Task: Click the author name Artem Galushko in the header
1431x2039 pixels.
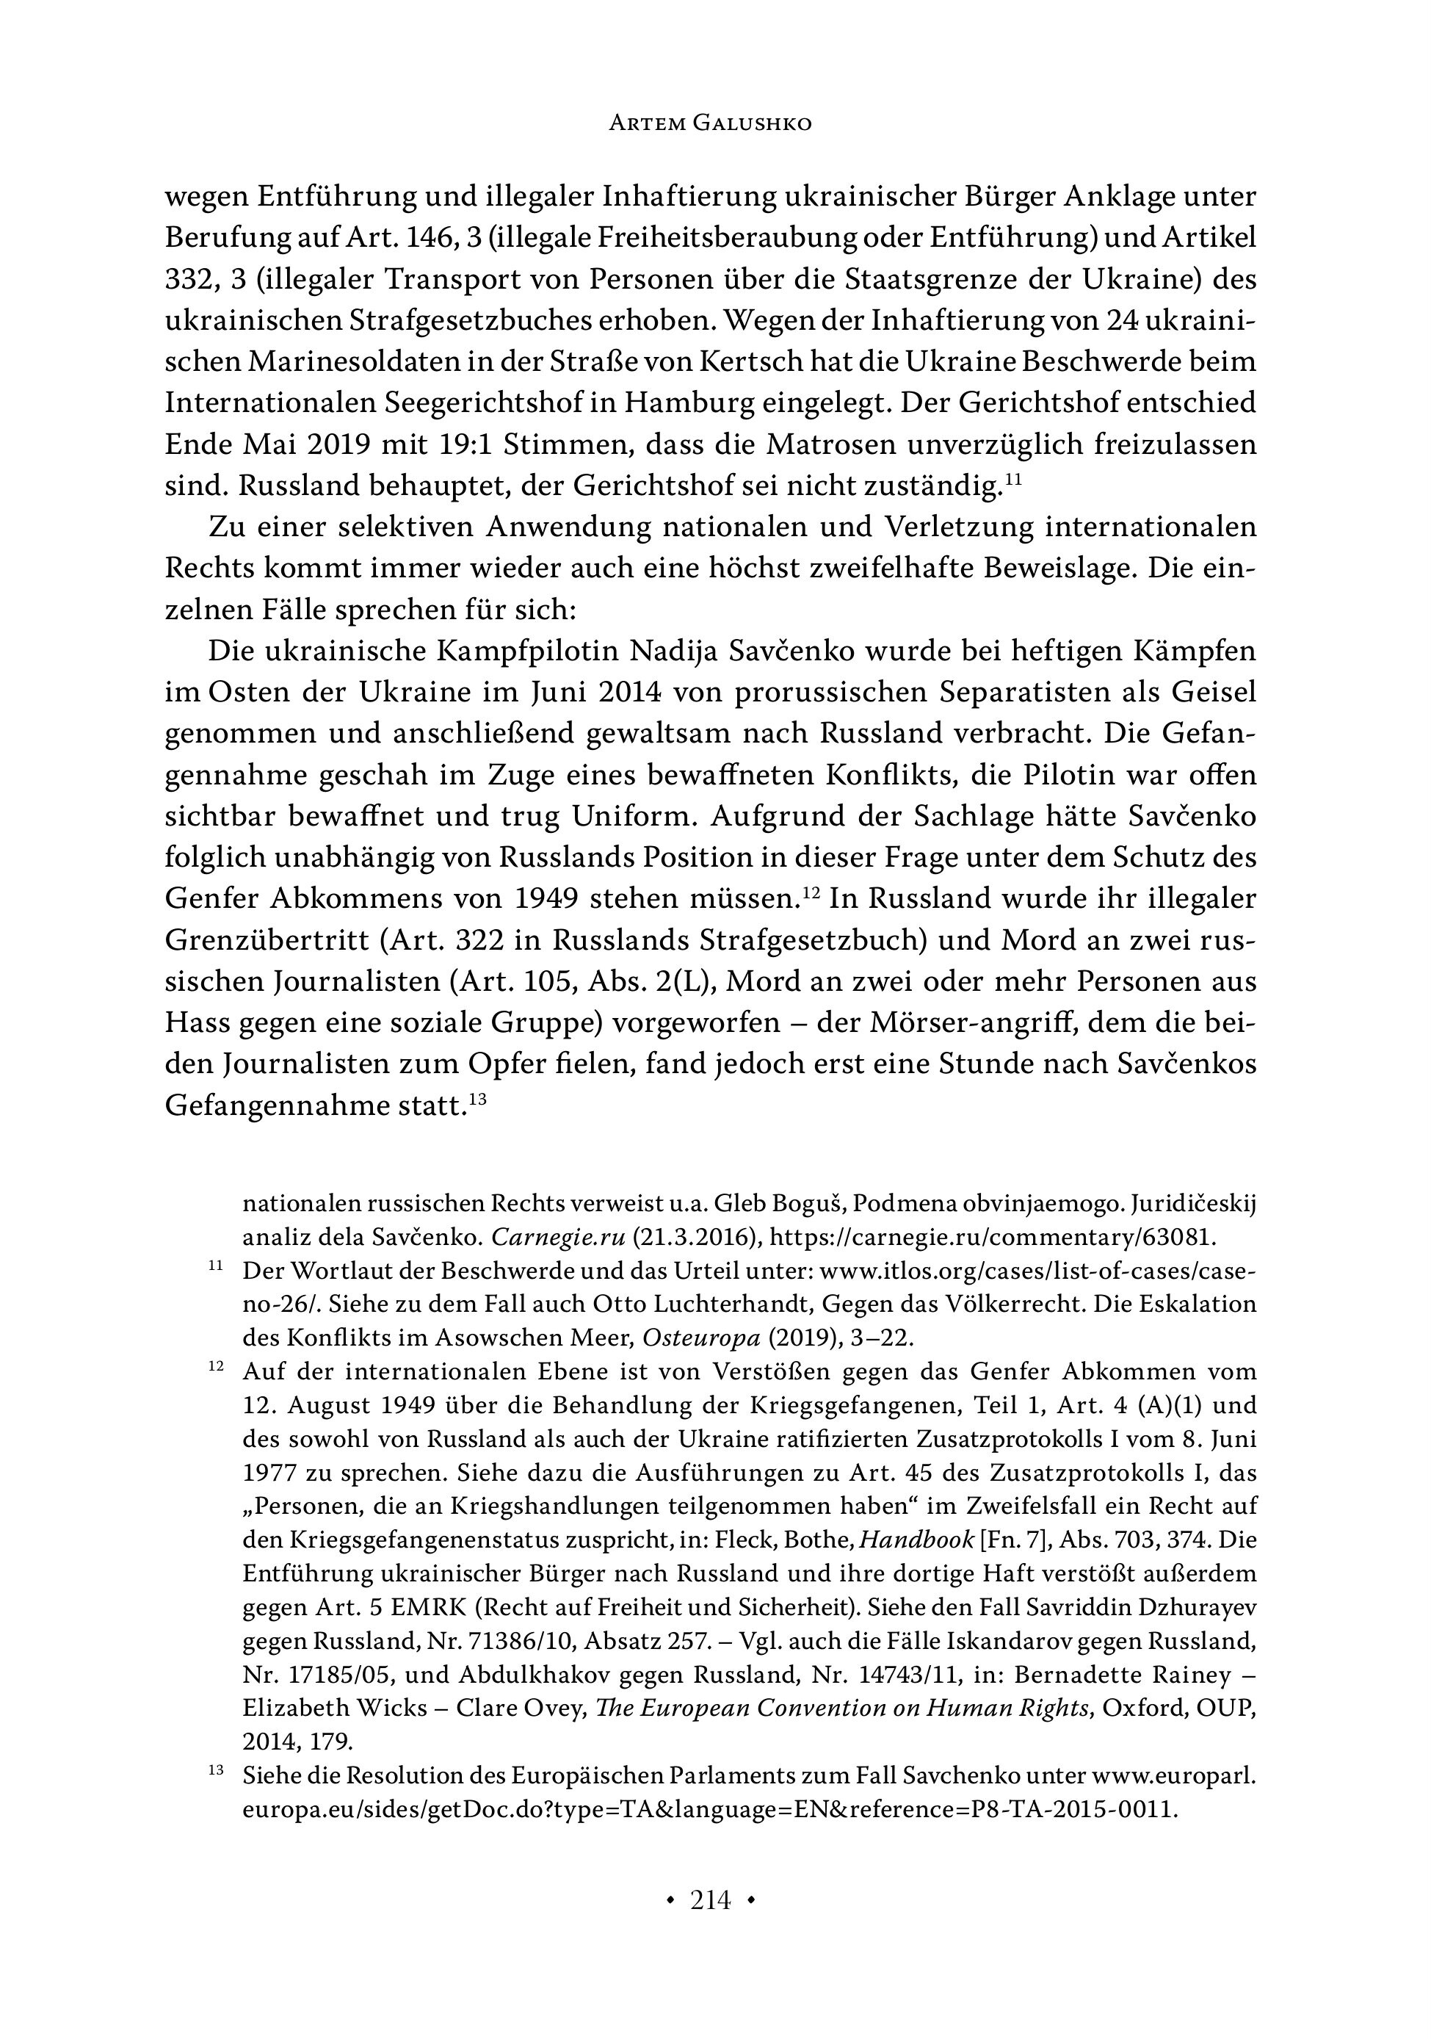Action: click(709, 123)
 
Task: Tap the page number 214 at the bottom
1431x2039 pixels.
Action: click(710, 1900)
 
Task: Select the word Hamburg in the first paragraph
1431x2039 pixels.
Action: click(692, 403)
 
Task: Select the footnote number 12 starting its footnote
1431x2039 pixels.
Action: click(216, 1368)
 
